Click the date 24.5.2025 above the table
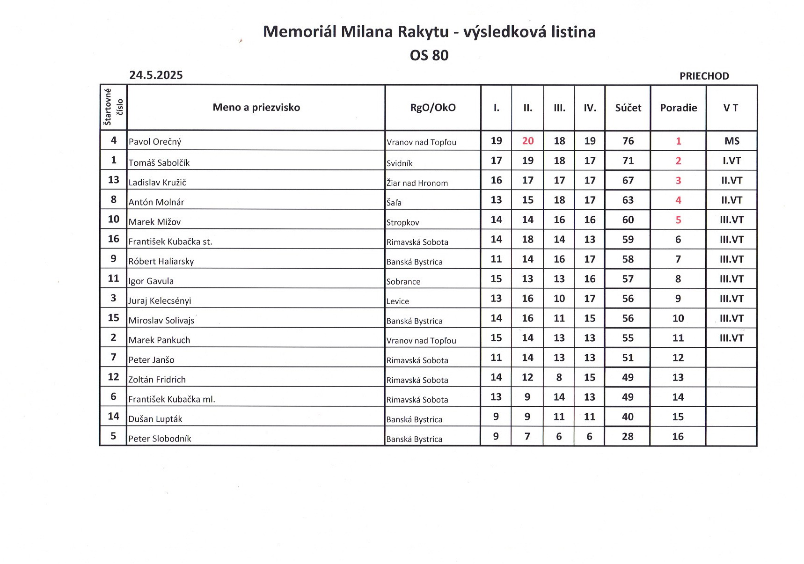156,75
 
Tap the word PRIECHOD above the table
704,76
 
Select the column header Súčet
628,108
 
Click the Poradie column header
678,108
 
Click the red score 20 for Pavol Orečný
528,141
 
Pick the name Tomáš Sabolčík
159,163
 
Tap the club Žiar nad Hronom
417,183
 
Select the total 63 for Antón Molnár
628,200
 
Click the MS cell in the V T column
731,141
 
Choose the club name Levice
398,301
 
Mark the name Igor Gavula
151,281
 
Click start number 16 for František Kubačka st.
114,239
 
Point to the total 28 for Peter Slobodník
628,437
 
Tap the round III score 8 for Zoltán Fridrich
559,377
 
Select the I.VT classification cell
731,161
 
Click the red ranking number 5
678,220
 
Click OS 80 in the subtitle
429,55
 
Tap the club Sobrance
403,282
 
